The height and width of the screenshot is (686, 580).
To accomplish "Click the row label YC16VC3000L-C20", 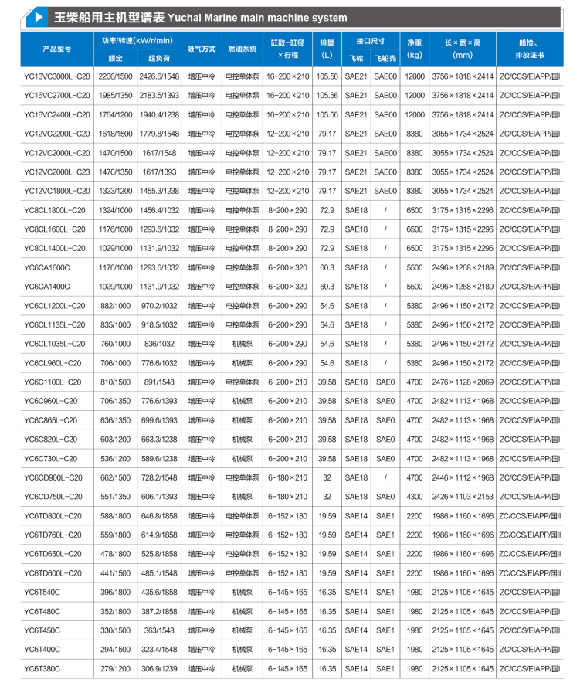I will point(56,76).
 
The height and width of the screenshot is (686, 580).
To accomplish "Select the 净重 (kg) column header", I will point(415,49).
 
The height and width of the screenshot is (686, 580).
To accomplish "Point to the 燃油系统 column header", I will point(242,49).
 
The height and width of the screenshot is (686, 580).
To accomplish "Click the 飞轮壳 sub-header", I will point(385,57).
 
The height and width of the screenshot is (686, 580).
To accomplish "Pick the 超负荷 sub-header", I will point(160,57).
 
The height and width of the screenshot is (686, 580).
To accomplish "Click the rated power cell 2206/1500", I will point(115,76).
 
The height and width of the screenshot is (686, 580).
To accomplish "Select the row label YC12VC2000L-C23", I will point(56,171).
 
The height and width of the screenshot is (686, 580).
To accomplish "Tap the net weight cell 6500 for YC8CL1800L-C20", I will point(415,210).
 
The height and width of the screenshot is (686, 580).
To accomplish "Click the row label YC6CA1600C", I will point(46,267).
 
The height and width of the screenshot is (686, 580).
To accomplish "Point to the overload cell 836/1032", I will point(160,344).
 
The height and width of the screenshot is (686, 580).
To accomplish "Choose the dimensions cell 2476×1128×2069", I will point(462,382).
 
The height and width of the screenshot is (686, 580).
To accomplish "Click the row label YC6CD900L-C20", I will point(53,477).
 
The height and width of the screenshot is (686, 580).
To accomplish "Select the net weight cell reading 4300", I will point(415,497).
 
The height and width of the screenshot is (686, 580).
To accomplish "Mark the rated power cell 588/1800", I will point(115,515).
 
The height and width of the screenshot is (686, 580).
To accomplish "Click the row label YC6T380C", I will point(42,668).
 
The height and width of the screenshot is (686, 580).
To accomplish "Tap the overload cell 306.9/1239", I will point(160,668).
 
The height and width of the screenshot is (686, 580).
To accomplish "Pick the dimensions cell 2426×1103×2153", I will point(462,497).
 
